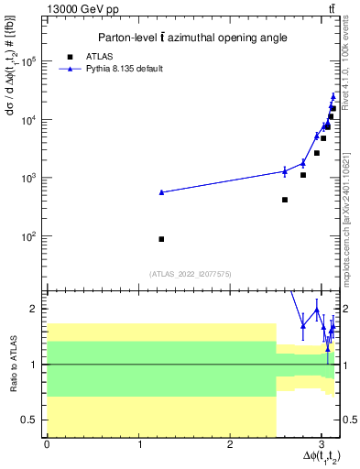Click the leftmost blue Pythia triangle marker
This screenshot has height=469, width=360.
pos(161,192)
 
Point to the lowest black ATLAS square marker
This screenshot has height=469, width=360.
pos(161,239)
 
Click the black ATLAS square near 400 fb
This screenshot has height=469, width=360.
pos(285,200)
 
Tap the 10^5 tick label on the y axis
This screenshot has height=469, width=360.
pos(27,61)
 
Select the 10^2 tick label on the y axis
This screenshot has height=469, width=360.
pos(27,236)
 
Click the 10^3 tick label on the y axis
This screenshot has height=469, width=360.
pos(27,178)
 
